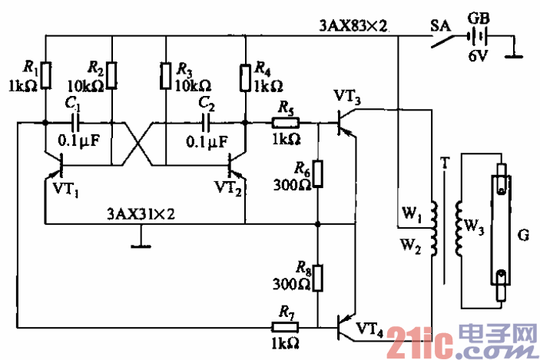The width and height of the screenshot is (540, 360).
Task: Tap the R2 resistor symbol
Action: click(x=112, y=74)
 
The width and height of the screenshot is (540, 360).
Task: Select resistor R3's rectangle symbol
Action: click(x=165, y=74)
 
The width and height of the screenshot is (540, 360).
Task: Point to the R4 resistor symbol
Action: click(x=244, y=74)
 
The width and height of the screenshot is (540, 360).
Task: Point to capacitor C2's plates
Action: click(x=207, y=122)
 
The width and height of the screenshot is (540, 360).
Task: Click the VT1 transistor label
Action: click(x=68, y=188)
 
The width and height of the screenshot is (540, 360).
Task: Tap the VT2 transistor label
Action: click(x=229, y=188)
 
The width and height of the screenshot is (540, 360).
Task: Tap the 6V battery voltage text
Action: click(x=479, y=56)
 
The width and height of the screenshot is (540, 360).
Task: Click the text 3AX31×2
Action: click(x=141, y=214)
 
